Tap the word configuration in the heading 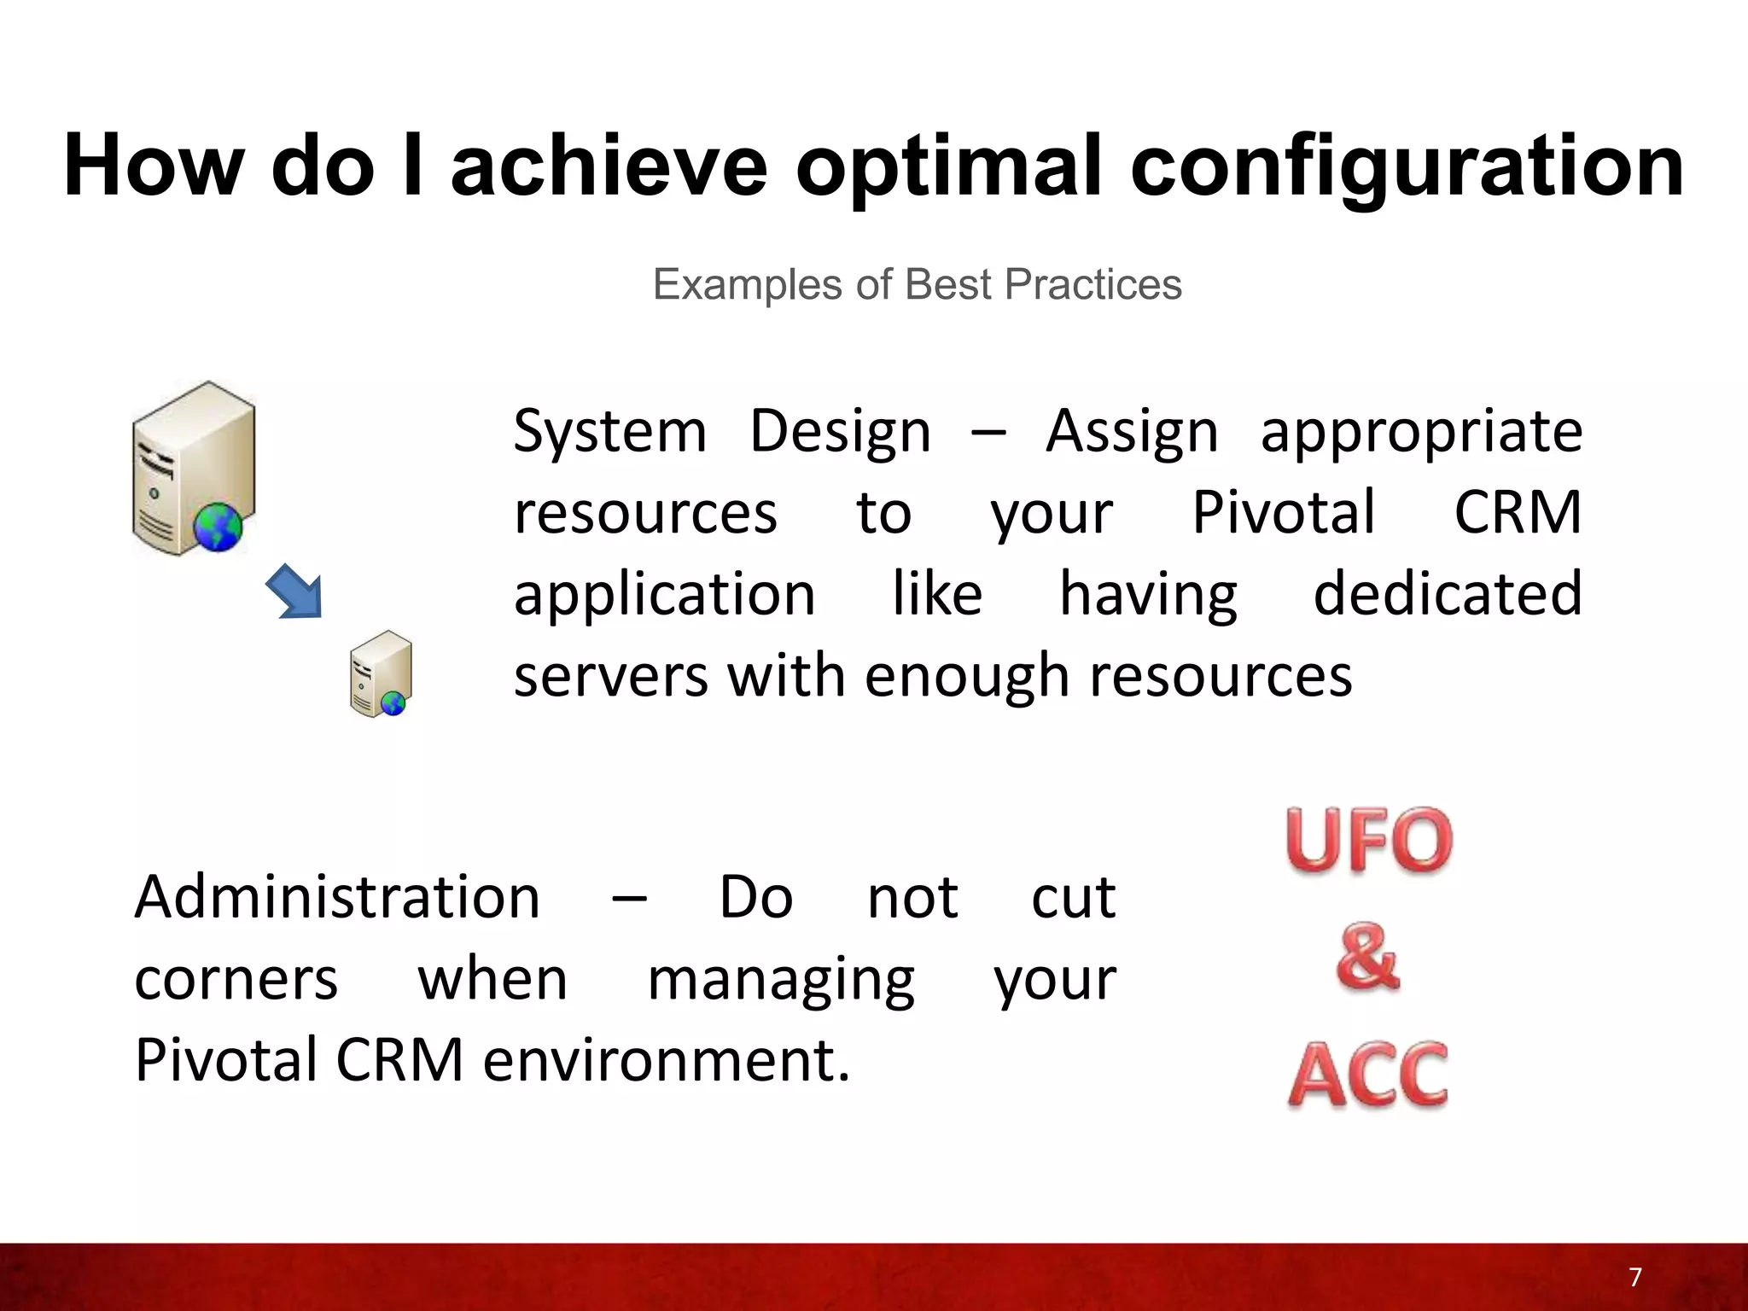pyautogui.click(x=1407, y=167)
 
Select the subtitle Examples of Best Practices pyautogui.click(x=917, y=284)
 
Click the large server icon pyautogui.click(x=194, y=468)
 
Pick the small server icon pyautogui.click(x=381, y=673)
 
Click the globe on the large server pyautogui.click(x=218, y=527)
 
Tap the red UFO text pyautogui.click(x=1368, y=842)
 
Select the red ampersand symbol pyautogui.click(x=1367, y=957)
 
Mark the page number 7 pyautogui.click(x=1634, y=1277)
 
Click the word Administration pyautogui.click(x=337, y=897)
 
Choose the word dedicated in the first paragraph pyautogui.click(x=1447, y=594)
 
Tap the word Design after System pyautogui.click(x=840, y=432)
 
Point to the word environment pyautogui.click(x=666, y=1060)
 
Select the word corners pyautogui.click(x=236, y=979)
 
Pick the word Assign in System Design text pyautogui.click(x=1132, y=432)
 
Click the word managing pyautogui.click(x=780, y=981)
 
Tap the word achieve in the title pyautogui.click(x=609, y=167)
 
